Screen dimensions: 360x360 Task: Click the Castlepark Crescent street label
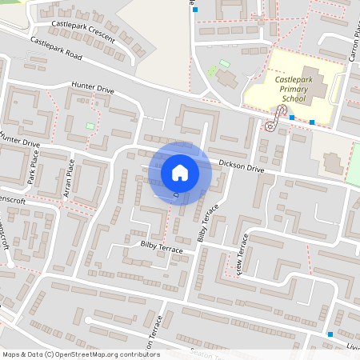pos(82,32)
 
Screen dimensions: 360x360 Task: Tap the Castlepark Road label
pos(56,50)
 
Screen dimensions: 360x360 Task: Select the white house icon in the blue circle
pos(180,173)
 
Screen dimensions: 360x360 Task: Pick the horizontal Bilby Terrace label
pos(162,246)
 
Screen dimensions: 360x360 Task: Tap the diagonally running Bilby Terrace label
pos(207,222)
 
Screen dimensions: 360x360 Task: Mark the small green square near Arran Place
pos(90,126)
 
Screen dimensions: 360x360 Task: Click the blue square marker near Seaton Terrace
pos(330,334)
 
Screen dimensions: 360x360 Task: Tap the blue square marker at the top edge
pos(194,10)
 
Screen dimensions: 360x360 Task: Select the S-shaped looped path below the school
pos(274,119)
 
